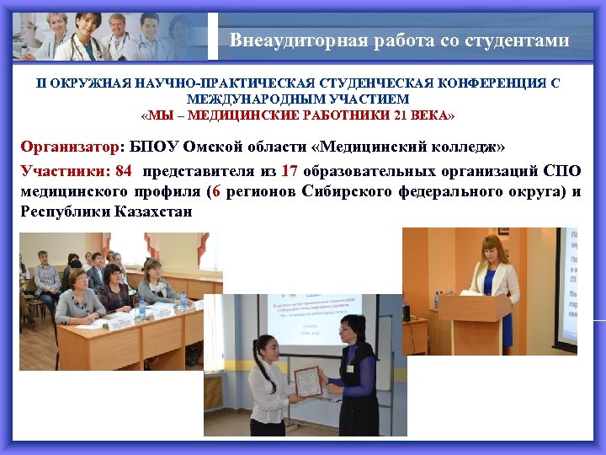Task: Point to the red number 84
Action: click(123, 171)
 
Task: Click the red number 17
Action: click(290, 171)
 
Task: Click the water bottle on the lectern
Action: click(437, 299)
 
